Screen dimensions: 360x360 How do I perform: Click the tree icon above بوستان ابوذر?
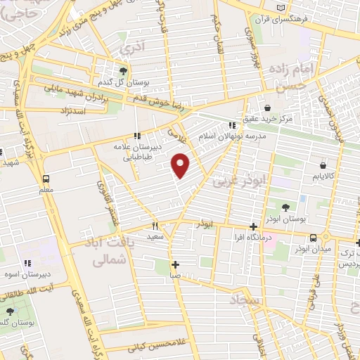point(285,207)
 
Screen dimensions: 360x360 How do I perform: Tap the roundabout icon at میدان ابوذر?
point(326,238)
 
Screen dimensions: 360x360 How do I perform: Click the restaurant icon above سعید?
point(155,226)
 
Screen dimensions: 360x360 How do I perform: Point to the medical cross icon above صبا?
point(175,264)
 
